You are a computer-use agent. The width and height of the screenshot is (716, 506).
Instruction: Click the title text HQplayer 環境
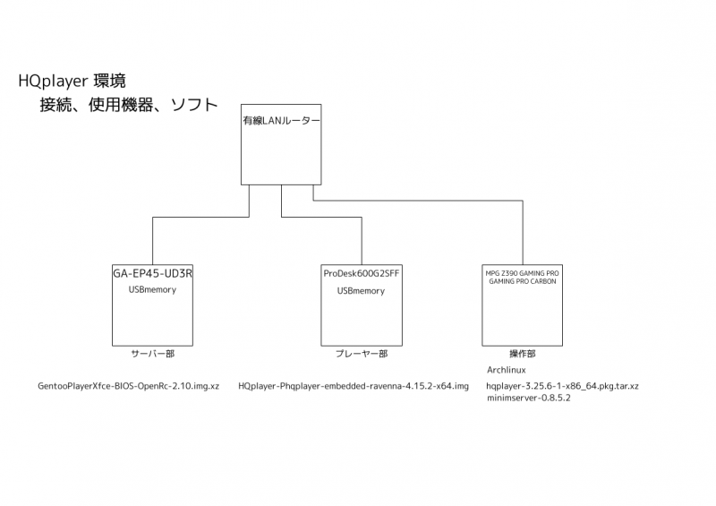coord(78,81)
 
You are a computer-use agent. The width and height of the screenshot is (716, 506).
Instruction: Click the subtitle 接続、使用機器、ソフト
coord(128,105)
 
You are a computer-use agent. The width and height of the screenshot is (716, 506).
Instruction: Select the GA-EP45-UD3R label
coord(152,273)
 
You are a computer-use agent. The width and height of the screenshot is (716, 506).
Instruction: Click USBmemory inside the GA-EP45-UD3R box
coord(152,290)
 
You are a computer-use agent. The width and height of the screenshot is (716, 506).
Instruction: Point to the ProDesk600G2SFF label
coord(361,273)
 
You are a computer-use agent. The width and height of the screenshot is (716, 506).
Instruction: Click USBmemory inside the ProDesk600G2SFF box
coord(361,291)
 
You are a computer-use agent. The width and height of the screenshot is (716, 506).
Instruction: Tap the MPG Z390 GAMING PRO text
coord(522,271)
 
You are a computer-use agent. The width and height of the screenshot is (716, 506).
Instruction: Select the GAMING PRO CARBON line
coord(522,281)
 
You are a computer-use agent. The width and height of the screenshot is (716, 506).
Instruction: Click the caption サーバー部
coord(152,354)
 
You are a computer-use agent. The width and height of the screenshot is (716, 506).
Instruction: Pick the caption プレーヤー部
coord(361,354)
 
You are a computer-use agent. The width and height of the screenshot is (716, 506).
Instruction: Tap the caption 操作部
coord(522,354)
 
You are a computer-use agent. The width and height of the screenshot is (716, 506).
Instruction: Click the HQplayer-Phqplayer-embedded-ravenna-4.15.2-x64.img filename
coord(354,386)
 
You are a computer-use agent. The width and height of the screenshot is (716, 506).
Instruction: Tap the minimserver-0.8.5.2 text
coord(528,398)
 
